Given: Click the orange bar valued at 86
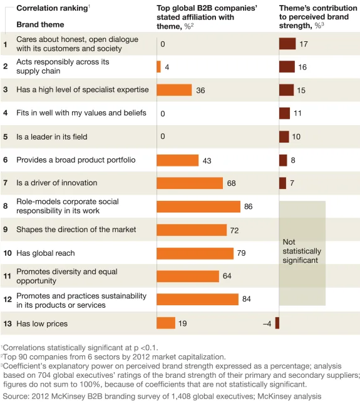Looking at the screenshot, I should [x=198, y=206].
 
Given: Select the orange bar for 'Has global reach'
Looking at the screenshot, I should [x=195, y=253].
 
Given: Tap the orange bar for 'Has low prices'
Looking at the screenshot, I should [x=166, y=323].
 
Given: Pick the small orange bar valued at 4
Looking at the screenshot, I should [x=158, y=66].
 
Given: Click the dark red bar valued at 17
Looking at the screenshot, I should [x=287, y=44].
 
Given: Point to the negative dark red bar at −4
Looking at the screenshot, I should [x=277, y=323].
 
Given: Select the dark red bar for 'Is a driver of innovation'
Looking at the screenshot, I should [x=282, y=183].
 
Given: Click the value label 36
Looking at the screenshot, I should [x=200, y=91].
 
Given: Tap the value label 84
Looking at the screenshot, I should [x=246, y=300].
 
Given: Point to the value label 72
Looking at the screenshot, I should [x=234, y=230].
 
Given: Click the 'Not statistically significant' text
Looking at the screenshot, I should [x=301, y=250].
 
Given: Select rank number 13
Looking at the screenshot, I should [x=8, y=323].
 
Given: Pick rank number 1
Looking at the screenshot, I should [x=5, y=44].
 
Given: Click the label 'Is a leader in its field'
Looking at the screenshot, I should [x=52, y=136].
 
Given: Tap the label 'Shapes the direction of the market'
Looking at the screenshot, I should [x=76, y=230].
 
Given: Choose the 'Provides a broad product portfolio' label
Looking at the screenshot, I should [x=75, y=160].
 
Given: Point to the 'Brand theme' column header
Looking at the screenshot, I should [x=40, y=24].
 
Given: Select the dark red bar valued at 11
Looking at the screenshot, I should [x=284, y=113].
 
